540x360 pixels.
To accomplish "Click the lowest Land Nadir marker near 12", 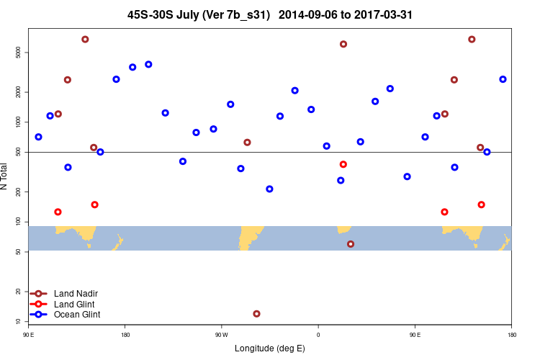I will click(x=256, y=314).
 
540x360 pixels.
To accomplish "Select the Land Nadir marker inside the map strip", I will click(x=351, y=244).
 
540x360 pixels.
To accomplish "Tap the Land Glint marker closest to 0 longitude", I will click(x=343, y=164).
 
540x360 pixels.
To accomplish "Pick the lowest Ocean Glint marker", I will click(x=269, y=189).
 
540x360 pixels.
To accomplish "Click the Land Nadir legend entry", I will click(x=76, y=294).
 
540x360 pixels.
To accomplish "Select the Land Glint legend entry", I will click(x=76, y=305).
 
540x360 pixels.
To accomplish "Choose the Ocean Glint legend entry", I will click(x=77, y=315).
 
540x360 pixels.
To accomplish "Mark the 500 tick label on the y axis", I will click(x=18, y=152).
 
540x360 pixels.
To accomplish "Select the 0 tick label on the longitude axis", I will click(x=318, y=335).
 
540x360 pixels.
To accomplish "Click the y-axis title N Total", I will click(x=6, y=176).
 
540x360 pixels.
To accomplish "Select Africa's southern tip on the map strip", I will click(x=344, y=230).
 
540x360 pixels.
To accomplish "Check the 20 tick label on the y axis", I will click(x=18, y=292).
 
